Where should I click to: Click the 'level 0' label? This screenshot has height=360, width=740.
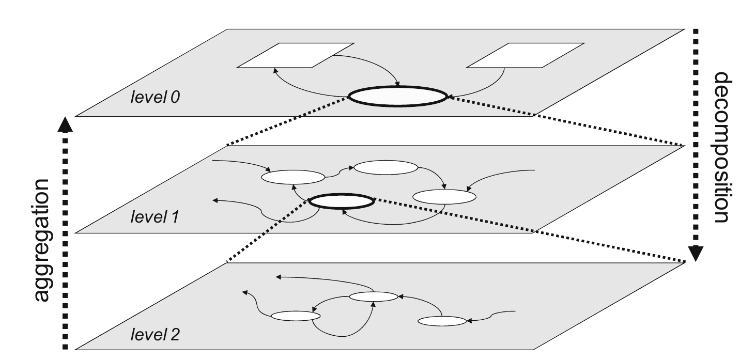pyautogui.click(x=155, y=97)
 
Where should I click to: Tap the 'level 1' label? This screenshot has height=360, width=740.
pyautogui.click(x=154, y=217)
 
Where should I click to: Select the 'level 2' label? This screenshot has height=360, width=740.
pyautogui.click(x=155, y=336)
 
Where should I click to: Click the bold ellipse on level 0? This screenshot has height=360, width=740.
pyautogui.click(x=397, y=96)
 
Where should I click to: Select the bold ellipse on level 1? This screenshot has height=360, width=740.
pyautogui.click(x=341, y=201)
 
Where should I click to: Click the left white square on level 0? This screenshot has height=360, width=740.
pyautogui.click(x=295, y=55)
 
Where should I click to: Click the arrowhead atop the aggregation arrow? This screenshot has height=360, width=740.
pyautogui.click(x=65, y=124)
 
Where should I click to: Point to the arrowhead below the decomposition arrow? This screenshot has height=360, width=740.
pyautogui.click(x=696, y=253)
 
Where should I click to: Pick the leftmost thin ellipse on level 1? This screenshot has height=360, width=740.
pyautogui.click(x=293, y=177)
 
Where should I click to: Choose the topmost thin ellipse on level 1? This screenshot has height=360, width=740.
pyautogui.click(x=386, y=167)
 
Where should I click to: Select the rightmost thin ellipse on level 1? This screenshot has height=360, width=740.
pyautogui.click(x=444, y=196)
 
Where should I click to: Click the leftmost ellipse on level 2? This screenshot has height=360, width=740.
pyautogui.click(x=293, y=316)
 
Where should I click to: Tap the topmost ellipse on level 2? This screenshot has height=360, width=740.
pyautogui.click(x=374, y=296)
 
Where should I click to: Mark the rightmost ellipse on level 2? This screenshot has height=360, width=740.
pyautogui.click(x=442, y=321)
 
